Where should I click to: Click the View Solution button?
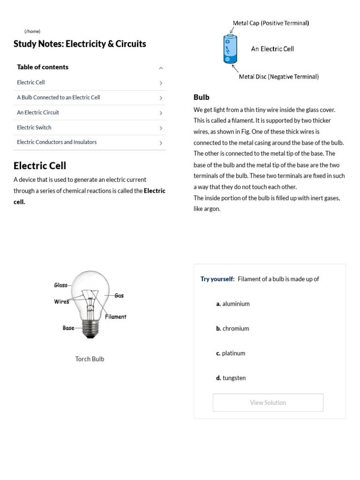(268, 403)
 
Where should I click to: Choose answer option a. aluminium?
(233, 304)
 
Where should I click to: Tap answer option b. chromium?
(232, 329)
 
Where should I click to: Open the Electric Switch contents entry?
(34, 127)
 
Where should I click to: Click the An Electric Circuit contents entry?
(38, 112)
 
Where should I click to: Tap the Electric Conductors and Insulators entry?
(57, 142)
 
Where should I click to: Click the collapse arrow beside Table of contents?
(161, 68)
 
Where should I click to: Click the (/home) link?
(32, 31)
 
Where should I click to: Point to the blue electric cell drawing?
(229, 49)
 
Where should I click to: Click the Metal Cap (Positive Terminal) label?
(270, 23)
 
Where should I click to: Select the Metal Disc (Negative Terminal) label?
(278, 76)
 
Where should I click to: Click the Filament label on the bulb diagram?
(115, 317)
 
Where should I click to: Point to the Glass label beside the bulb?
(61, 285)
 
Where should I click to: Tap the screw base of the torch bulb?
(90, 329)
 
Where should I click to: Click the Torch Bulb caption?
(90, 359)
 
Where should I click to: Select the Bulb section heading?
(202, 97)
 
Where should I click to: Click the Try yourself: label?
(217, 279)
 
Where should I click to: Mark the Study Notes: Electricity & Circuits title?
(80, 44)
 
